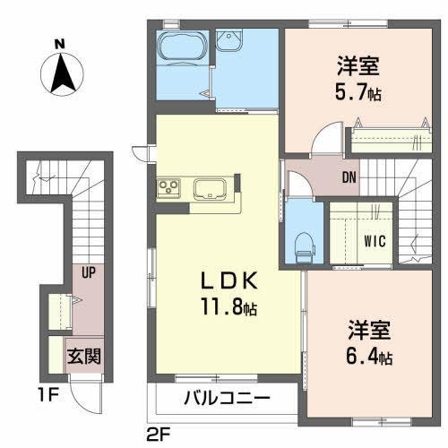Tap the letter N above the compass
coord(59,43)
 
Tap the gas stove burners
coord(169,187)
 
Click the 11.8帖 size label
coord(228,309)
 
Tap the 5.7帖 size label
coord(358,91)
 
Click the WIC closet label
coord(375,240)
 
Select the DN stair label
coord(349,177)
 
